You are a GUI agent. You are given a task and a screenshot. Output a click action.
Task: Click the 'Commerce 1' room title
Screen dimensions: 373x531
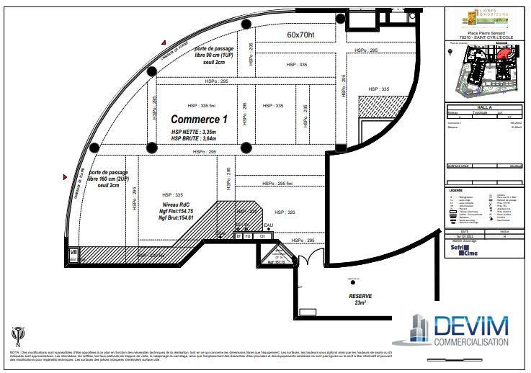199,119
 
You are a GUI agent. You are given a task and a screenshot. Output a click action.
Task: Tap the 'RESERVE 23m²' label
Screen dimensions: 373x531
360,300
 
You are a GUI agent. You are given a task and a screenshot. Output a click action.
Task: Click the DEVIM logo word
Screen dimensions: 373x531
470,325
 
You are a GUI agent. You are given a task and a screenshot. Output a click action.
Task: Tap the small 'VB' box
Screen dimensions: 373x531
73,252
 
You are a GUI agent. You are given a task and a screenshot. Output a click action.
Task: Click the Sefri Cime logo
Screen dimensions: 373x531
463,250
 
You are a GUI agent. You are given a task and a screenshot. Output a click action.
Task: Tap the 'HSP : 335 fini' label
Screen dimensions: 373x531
202,105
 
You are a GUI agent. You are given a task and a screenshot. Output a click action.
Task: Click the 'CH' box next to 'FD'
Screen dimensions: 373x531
263,235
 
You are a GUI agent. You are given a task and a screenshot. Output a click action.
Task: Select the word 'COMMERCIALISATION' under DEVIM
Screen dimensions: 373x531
471,343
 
